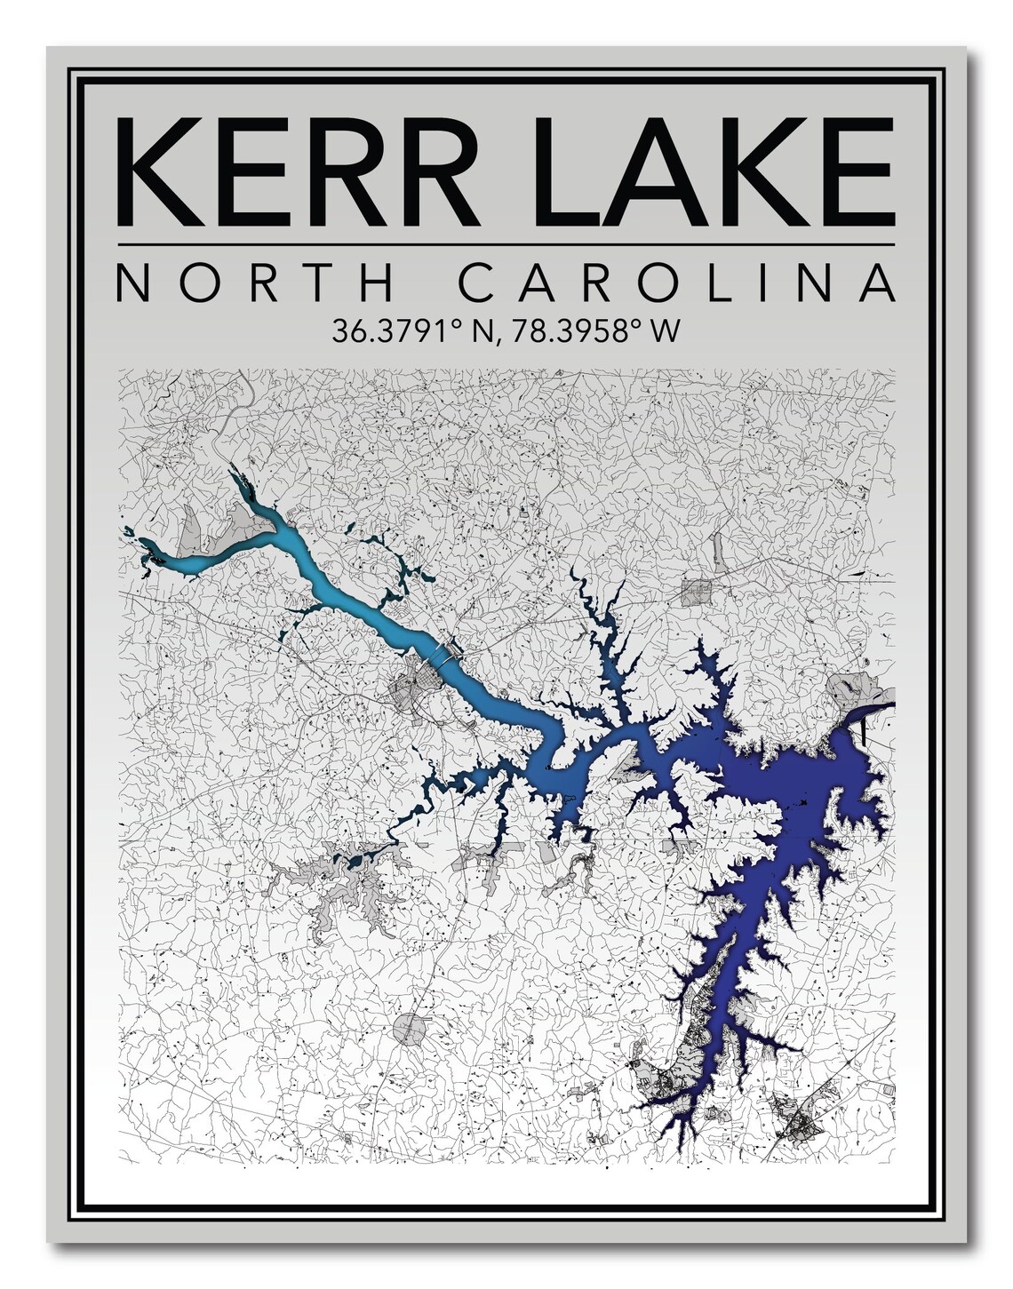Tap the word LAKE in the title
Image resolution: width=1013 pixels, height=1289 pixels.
[x=711, y=169]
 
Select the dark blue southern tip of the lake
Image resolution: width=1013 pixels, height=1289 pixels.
[x=662, y=1102]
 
